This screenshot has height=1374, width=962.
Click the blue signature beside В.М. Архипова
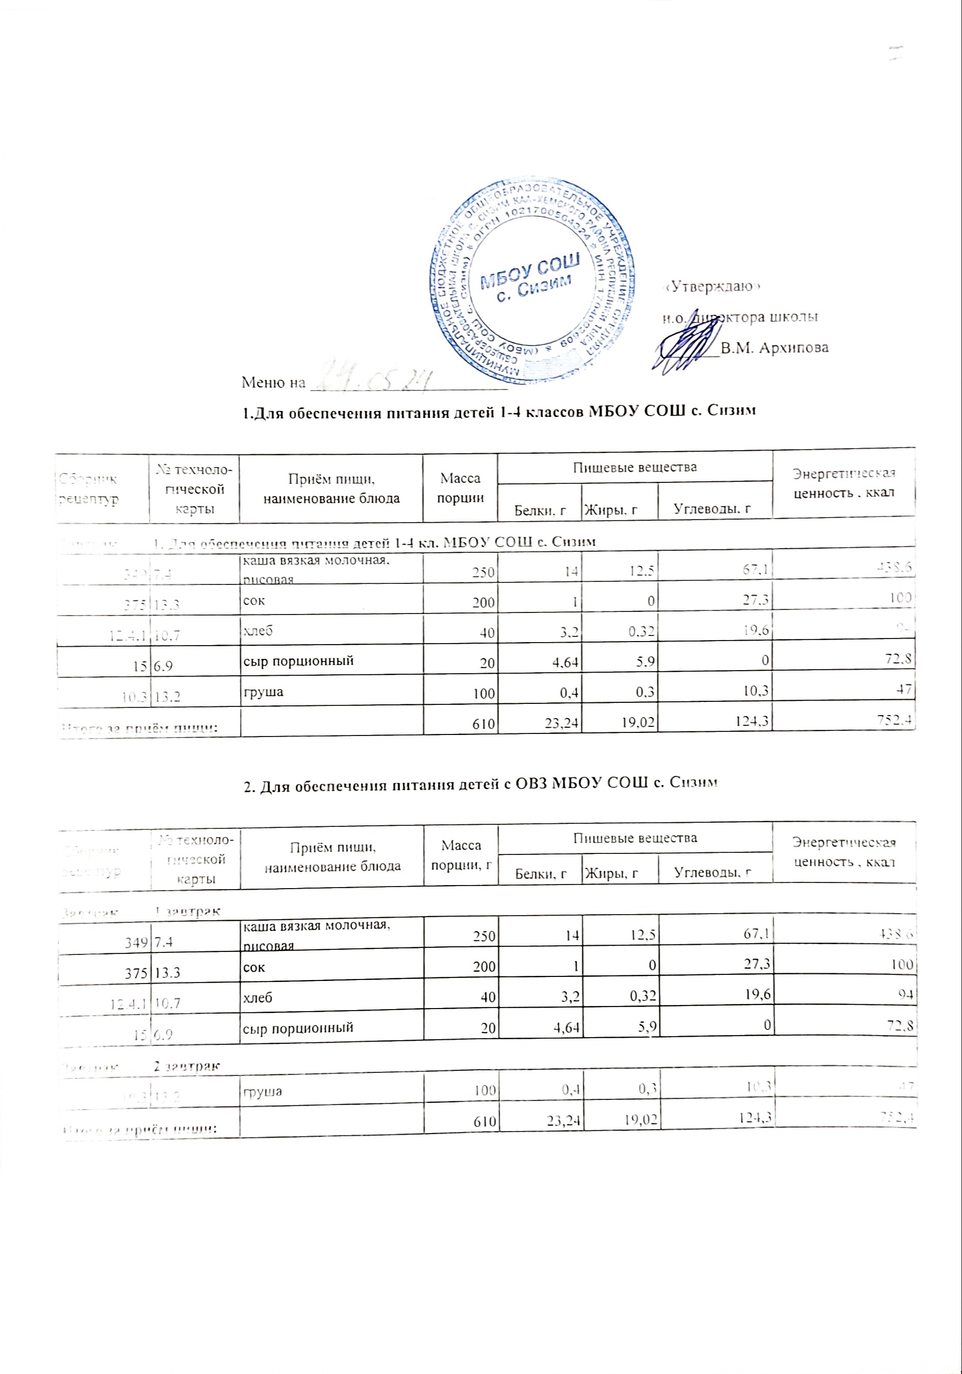tap(688, 343)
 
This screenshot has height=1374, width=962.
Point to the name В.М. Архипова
tap(774, 348)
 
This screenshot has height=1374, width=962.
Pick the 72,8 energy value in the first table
tap(897, 660)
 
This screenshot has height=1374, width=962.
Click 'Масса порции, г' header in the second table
tap(461, 854)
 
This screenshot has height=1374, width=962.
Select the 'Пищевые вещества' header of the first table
tap(635, 467)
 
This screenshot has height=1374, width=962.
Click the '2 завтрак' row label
tap(187, 1066)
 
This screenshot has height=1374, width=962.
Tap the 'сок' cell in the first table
tap(254, 600)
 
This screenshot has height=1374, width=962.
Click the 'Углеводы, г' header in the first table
tap(712, 509)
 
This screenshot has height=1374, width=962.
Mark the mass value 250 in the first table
tap(482, 572)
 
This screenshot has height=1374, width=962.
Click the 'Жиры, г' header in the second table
tap(611, 874)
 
